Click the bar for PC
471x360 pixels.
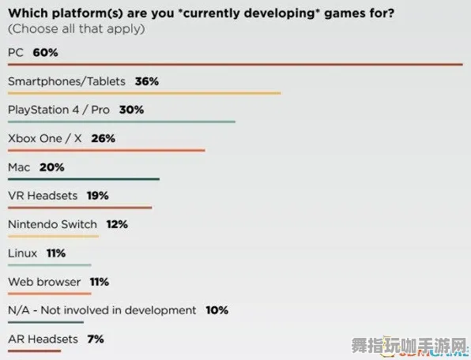(x=235, y=65)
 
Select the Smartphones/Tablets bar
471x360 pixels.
(x=144, y=93)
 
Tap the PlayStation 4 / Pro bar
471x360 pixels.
(x=121, y=122)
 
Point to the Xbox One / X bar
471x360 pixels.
(x=106, y=150)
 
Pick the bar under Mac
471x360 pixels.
(x=83, y=179)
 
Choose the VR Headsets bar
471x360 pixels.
(x=79, y=208)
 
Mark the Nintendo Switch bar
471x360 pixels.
(x=53, y=236)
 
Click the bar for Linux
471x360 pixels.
(x=49, y=264)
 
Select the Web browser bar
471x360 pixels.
(x=49, y=293)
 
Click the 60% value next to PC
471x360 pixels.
(x=46, y=53)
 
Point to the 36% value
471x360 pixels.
(x=147, y=81)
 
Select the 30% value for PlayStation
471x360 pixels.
(x=131, y=110)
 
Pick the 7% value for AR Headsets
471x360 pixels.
(x=96, y=339)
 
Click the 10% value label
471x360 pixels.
(x=217, y=310)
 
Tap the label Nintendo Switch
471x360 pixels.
(x=52, y=224)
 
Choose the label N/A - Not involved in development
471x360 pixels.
(x=102, y=310)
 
